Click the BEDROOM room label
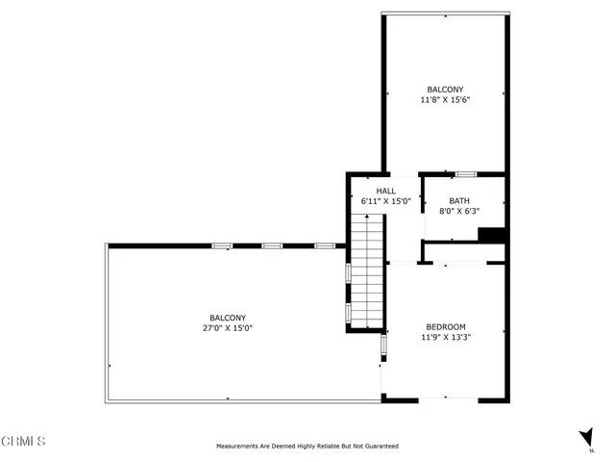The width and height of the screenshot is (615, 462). pyautogui.click(x=445, y=326)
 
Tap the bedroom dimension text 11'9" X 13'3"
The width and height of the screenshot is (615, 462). pyautogui.click(x=445, y=337)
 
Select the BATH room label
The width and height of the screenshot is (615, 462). pyautogui.click(x=459, y=200)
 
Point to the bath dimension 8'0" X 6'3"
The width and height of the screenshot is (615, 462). pyautogui.click(x=459, y=211)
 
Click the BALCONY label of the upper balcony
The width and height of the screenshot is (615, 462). pyautogui.click(x=445, y=89)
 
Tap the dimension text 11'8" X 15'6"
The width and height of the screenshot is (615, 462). pyautogui.click(x=445, y=99)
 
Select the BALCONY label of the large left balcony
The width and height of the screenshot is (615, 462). pyautogui.click(x=228, y=318)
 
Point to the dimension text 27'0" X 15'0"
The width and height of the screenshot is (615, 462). pyautogui.click(x=228, y=328)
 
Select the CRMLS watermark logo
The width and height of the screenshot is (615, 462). pyautogui.click(x=24, y=442)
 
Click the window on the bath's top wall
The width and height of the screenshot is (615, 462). pyautogui.click(x=465, y=174)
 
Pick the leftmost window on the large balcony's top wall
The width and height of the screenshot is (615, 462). pyautogui.click(x=221, y=245)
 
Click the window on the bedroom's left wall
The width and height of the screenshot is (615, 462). pyautogui.click(x=382, y=344)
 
